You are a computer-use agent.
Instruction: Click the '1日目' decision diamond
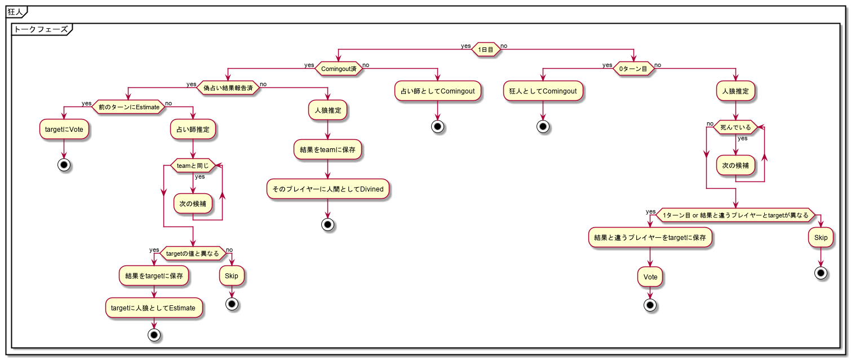(486, 49)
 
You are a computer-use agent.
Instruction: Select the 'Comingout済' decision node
(338, 69)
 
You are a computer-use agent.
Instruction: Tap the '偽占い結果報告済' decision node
(228, 87)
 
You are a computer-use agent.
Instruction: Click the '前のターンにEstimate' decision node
(128, 106)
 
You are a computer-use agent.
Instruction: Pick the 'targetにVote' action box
(65, 129)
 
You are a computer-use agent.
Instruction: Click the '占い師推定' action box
(193, 129)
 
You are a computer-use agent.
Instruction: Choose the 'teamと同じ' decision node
(193, 166)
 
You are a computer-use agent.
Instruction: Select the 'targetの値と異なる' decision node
(193, 254)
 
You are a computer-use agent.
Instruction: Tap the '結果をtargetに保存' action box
(154, 276)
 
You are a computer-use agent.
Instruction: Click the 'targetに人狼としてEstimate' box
(154, 308)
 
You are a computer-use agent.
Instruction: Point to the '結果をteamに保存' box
(327, 150)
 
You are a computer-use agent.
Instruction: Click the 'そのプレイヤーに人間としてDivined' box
(328, 190)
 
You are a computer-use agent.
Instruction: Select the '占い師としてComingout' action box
(438, 91)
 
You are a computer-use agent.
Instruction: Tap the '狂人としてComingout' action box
(543, 91)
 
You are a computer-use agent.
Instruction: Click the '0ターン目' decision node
(634, 69)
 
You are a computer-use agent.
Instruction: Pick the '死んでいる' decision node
(735, 128)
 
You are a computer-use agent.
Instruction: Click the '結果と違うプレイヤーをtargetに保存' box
(650, 238)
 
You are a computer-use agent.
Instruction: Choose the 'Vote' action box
(650, 277)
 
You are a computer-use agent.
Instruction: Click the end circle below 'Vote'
(650, 305)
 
